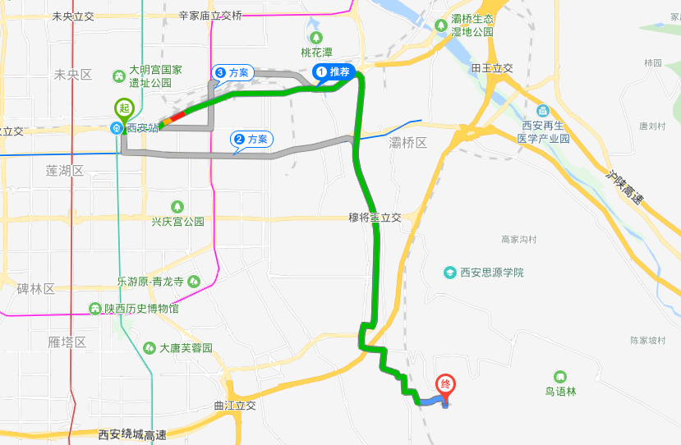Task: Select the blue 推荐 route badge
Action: (334, 72)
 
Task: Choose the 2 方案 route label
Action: (251, 140)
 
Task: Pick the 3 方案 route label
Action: (232, 73)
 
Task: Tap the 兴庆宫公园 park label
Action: (177, 221)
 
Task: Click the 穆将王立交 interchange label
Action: (374, 218)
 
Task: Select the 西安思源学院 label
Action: (490, 272)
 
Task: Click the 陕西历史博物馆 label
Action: (140, 309)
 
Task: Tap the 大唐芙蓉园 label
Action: (186, 348)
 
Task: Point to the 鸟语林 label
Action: (561, 391)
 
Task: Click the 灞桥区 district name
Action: (408, 143)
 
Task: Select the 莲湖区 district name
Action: (66, 171)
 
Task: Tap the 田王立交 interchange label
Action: (492, 68)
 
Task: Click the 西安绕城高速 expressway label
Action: (131, 434)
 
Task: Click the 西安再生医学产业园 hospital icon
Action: (543, 111)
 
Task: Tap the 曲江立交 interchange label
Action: (235, 405)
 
